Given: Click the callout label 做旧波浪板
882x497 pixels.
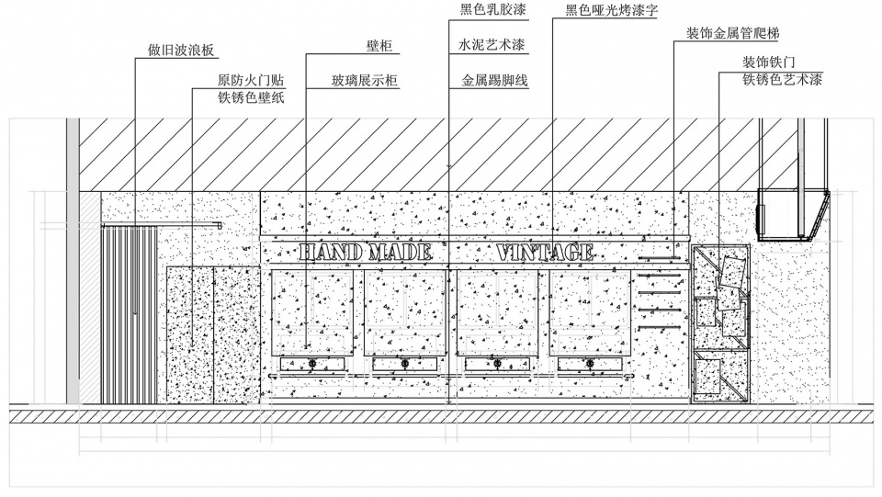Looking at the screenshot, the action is tap(181, 50).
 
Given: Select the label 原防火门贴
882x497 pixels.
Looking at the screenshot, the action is tap(251, 80).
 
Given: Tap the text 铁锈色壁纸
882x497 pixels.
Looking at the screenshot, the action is tap(251, 97).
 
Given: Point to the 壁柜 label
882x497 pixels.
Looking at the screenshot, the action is tap(379, 46).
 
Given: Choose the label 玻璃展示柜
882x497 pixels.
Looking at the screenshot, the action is tap(365, 81).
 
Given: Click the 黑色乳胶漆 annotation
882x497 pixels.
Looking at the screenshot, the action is tap(492, 9).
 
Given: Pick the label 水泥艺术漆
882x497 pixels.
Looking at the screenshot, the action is tap(492, 44).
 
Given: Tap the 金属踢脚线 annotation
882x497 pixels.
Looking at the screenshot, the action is tap(494, 81).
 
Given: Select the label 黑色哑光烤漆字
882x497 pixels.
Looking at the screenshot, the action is tap(612, 10).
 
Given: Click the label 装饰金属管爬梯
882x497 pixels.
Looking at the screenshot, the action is tap(732, 33).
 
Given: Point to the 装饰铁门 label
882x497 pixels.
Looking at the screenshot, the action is tap(769, 62).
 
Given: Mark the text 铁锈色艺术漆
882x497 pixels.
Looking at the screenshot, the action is tap(783, 79).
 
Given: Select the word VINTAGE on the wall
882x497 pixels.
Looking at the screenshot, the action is tap(545, 252).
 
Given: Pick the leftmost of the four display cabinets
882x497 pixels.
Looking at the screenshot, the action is tap(312, 312).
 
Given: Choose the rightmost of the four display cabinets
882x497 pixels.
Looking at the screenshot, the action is tap(590, 312).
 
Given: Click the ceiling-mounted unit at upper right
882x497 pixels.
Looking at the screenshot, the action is tap(793, 215).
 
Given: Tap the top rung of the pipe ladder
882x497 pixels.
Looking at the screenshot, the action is tap(660, 259).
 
